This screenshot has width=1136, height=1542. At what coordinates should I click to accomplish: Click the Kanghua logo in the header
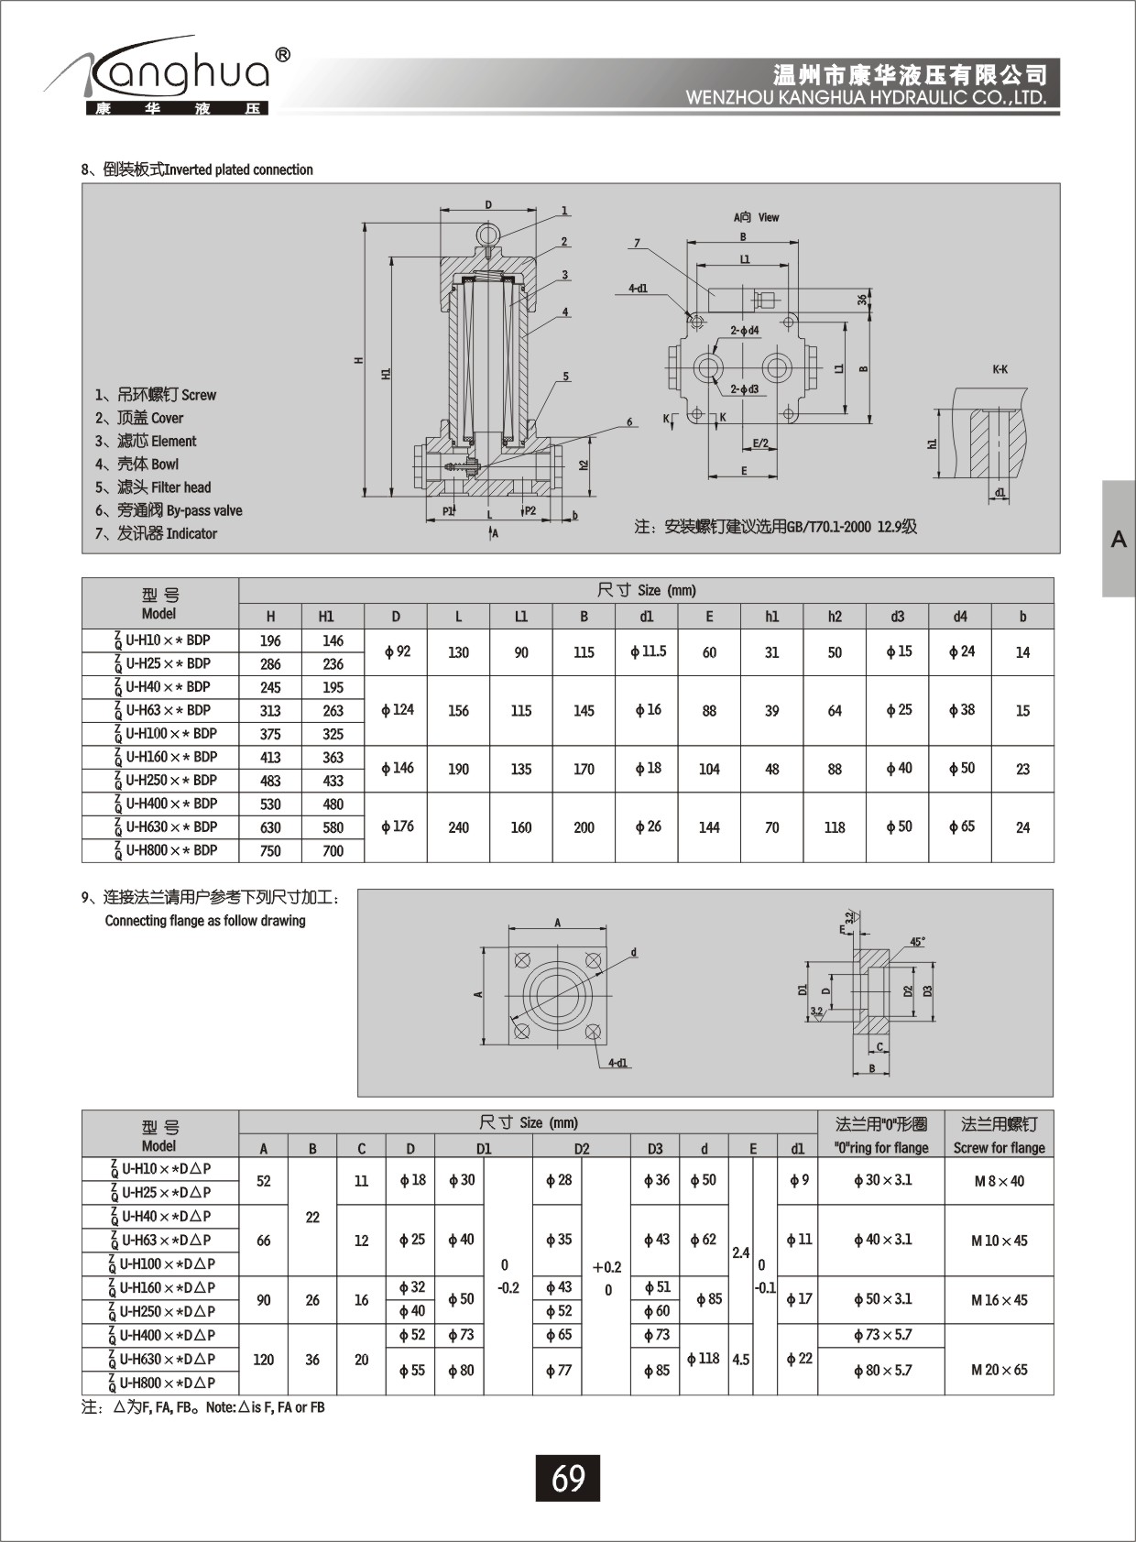coord(169,78)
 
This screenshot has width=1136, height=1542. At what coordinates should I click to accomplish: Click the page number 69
coord(568,1478)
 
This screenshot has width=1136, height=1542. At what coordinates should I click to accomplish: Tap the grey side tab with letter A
coord(1119,539)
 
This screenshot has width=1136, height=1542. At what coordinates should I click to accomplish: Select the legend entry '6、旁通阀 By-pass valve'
coord(169,510)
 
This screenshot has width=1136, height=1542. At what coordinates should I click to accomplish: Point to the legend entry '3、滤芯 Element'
coord(146,441)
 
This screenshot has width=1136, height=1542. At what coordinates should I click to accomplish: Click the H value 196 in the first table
coord(270,640)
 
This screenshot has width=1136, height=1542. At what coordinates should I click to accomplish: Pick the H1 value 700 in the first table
coord(333,850)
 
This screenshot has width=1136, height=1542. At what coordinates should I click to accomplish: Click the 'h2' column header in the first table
coord(834,617)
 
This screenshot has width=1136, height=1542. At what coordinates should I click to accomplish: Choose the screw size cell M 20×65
coord(999,1370)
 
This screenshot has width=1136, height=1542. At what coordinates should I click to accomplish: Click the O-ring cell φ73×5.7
coord(881,1335)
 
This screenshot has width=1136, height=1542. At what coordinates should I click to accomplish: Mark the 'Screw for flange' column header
coord(999,1147)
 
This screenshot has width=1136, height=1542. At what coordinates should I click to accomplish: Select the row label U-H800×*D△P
coord(161,1383)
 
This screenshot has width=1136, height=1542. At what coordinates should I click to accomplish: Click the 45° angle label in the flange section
coord(917,942)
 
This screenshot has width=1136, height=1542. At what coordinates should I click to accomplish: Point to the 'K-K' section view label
coord(999,369)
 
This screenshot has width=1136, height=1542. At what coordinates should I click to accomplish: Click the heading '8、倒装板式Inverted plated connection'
coord(197,170)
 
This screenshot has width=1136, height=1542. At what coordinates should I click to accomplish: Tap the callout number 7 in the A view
coord(637,244)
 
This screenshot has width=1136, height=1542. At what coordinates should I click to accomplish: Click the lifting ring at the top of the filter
coord(488,233)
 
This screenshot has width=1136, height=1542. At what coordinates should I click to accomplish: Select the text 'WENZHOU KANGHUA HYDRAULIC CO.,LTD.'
coord(866,98)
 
